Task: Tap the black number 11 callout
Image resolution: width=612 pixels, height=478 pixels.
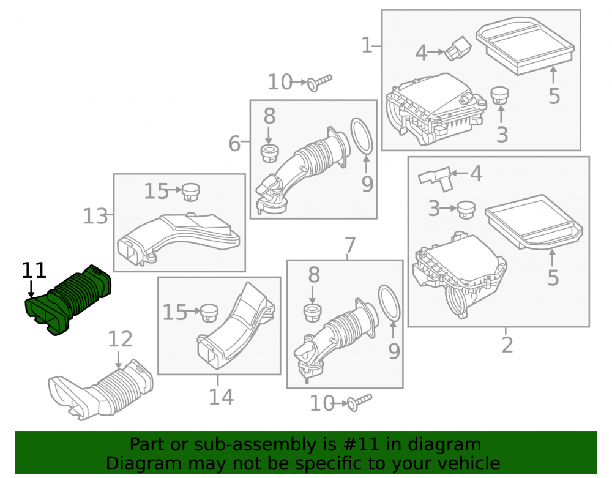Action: pyautogui.click(x=34, y=271)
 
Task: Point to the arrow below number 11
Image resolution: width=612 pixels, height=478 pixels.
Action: pyautogui.click(x=31, y=289)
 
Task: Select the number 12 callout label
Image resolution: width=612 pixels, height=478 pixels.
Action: pyautogui.click(x=120, y=339)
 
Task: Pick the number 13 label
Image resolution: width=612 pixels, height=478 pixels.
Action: pyautogui.click(x=95, y=216)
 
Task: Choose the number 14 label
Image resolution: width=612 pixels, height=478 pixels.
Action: pyautogui.click(x=221, y=397)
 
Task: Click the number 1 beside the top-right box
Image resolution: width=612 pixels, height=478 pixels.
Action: pyautogui.click(x=367, y=45)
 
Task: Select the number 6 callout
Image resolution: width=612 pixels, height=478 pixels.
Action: pyautogui.click(x=234, y=143)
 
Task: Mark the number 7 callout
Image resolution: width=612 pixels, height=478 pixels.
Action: pyautogui.click(x=350, y=245)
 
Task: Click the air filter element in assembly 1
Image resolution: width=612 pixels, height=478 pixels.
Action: pyautogui.click(x=525, y=46)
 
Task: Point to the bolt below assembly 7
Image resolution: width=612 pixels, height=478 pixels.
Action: pyautogui.click(x=359, y=402)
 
